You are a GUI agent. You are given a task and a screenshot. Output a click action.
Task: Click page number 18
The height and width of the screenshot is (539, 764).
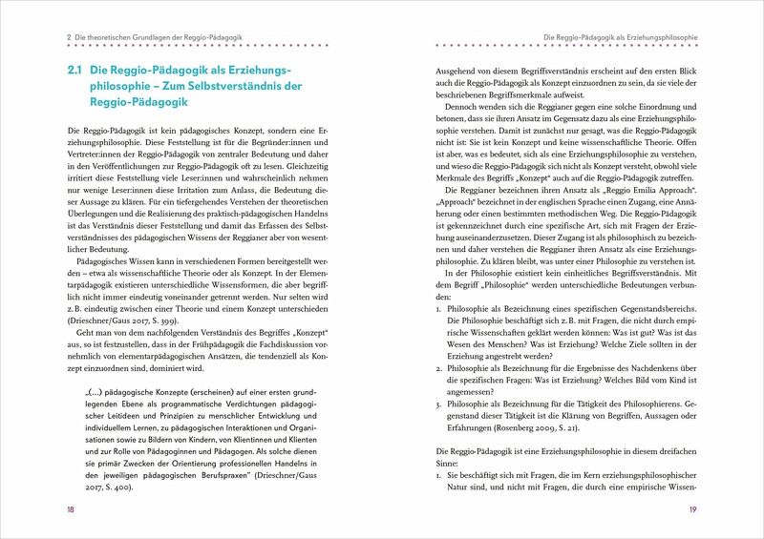(x=71, y=510)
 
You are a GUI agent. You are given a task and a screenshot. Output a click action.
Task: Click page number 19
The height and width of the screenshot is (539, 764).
(x=693, y=510)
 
